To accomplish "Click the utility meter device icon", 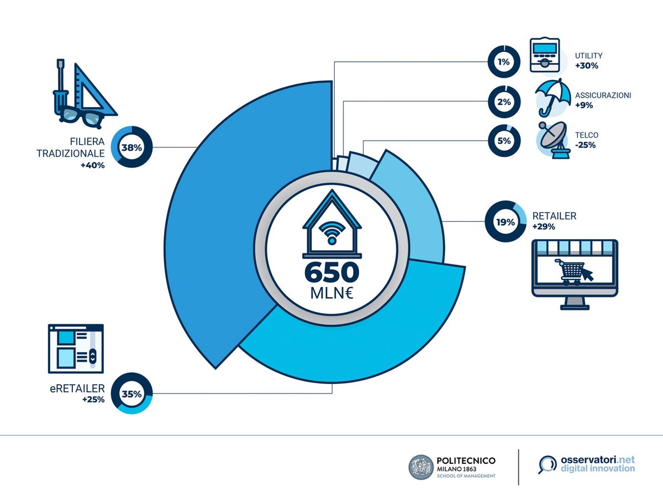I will pyautogui.click(x=544, y=55).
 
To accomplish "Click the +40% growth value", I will pyautogui.click(x=92, y=165).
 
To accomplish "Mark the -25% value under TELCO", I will pyautogui.click(x=585, y=145).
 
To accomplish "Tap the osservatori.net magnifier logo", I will pyautogui.click(x=548, y=464).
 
